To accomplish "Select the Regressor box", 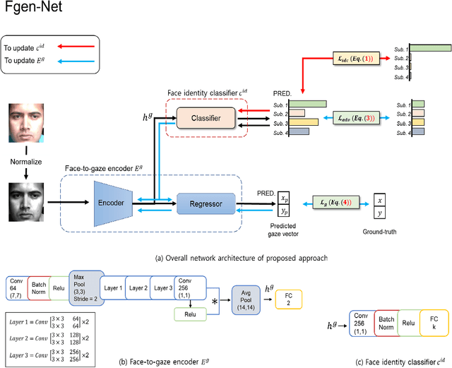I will (206, 204).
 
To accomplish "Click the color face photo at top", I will (25, 121).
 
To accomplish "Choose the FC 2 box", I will (289, 298).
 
